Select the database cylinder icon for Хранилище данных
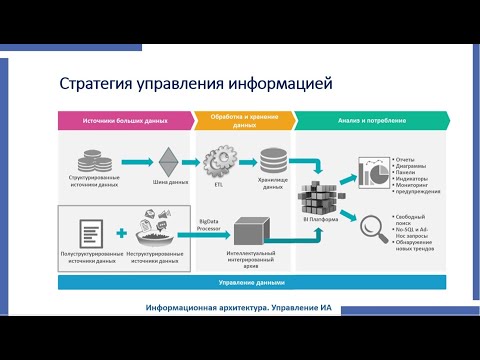click(272, 159)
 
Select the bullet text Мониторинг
click(414, 184)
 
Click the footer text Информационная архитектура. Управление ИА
click(239, 307)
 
